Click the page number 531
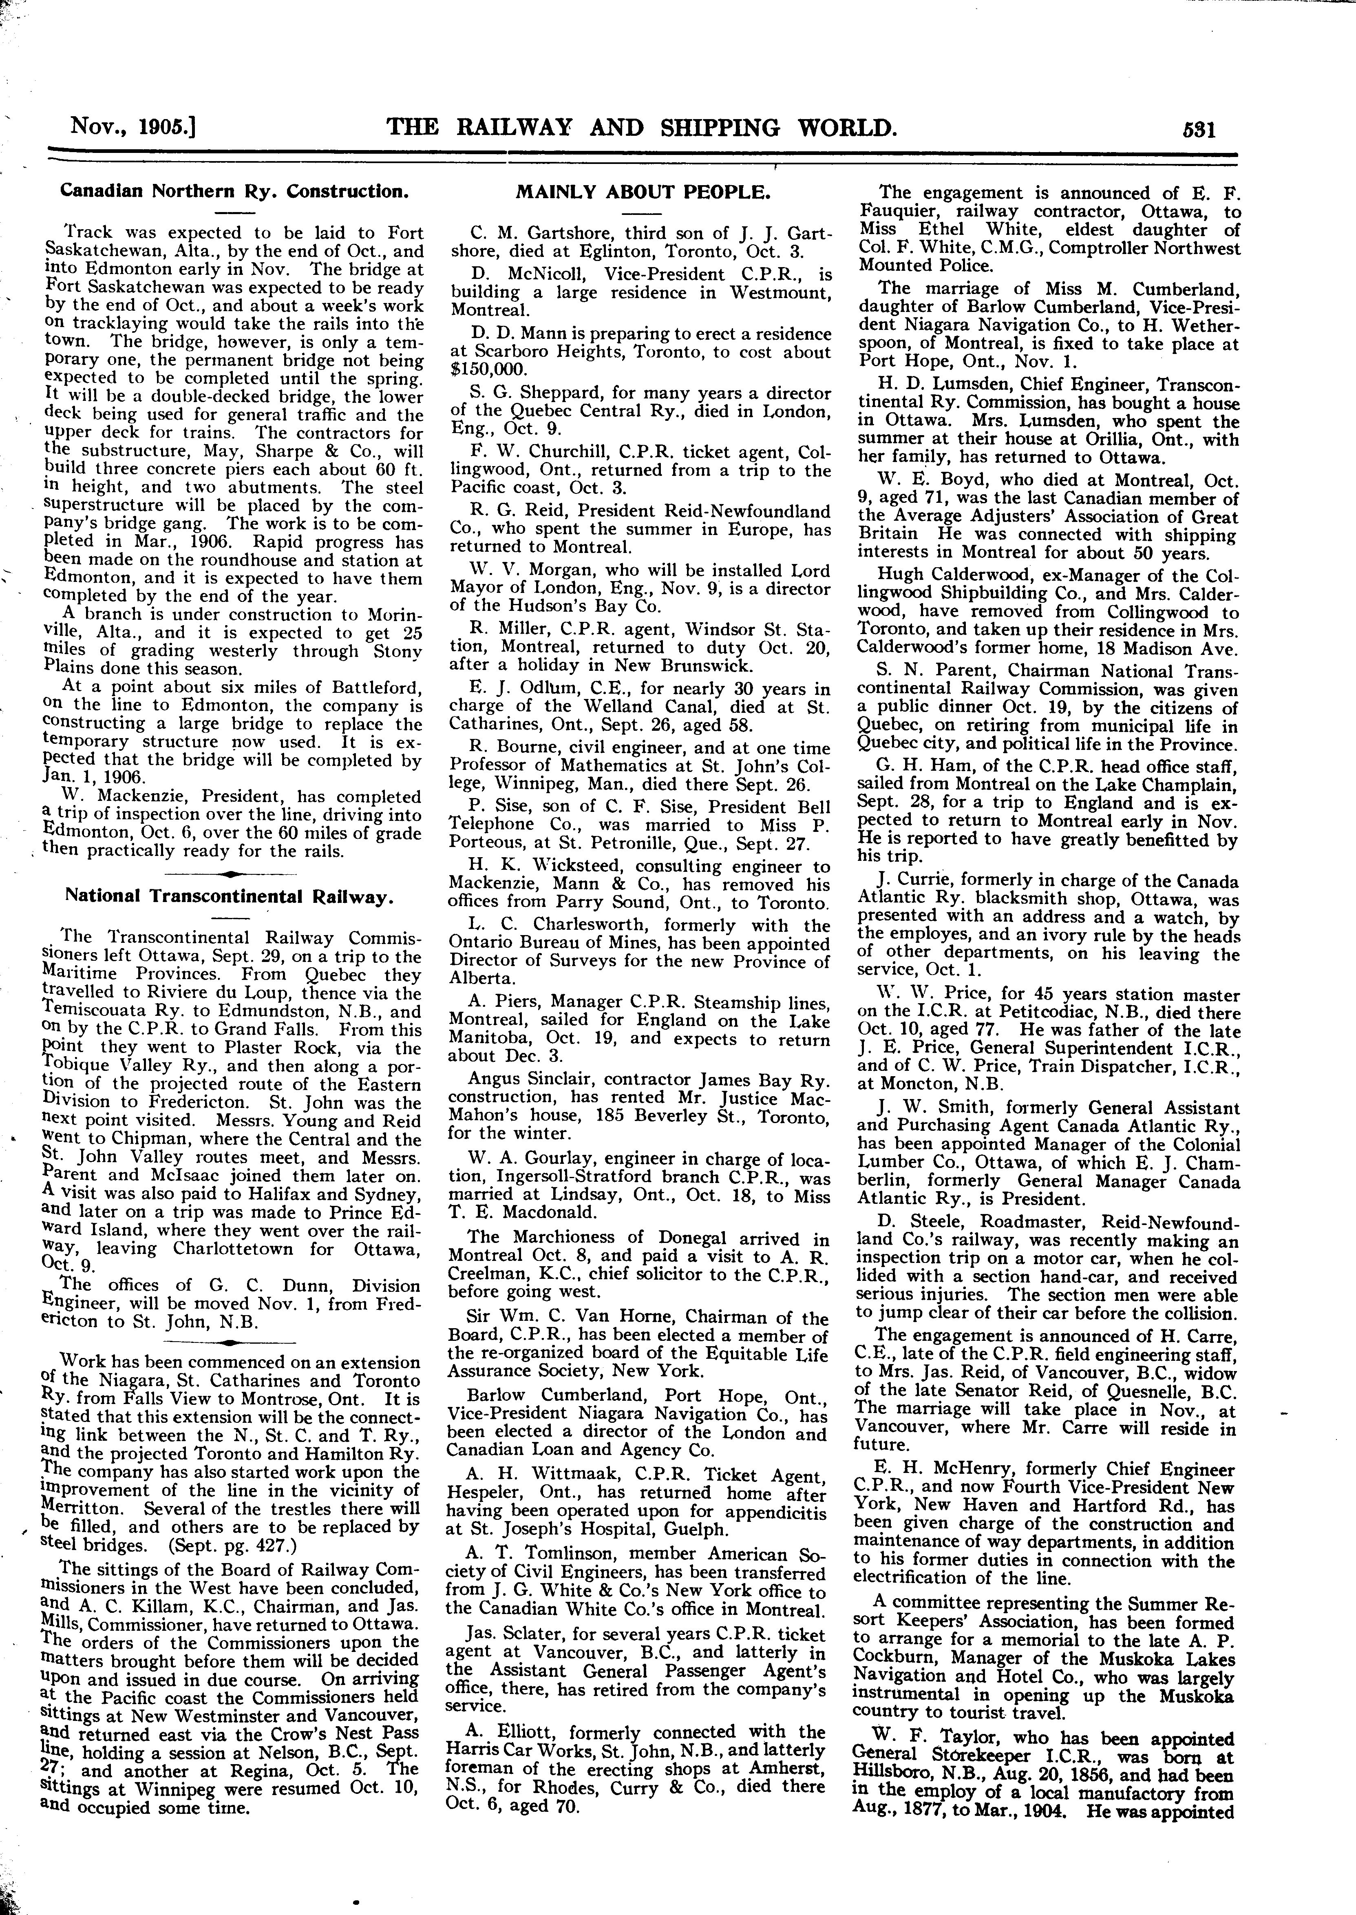1197,129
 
